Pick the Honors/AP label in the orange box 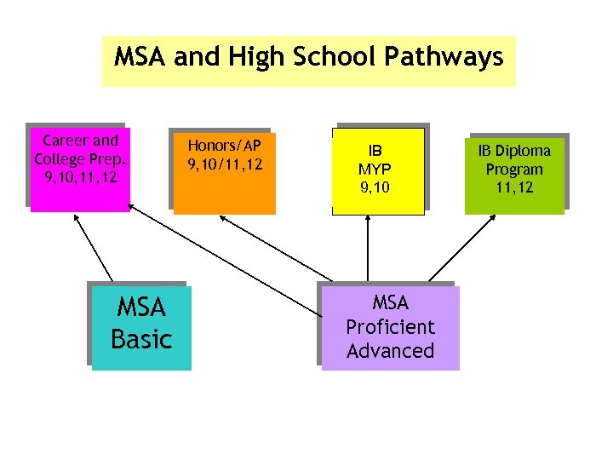pyautogui.click(x=225, y=145)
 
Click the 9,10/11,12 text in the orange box pyautogui.click(x=225, y=164)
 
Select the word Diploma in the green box pyautogui.click(x=524, y=151)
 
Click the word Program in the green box pyautogui.click(x=514, y=169)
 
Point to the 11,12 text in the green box pyautogui.click(x=514, y=187)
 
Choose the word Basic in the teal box pyautogui.click(x=141, y=339)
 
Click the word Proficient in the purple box pyautogui.click(x=391, y=327)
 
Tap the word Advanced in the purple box pyautogui.click(x=391, y=351)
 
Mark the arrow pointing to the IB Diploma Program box pyautogui.click(x=465, y=247)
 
